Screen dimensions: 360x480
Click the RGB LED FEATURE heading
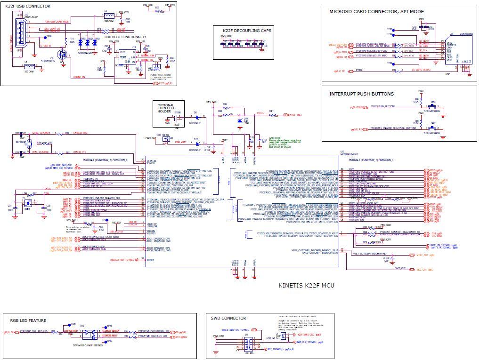(x=28, y=320)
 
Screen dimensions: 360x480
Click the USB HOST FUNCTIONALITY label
(x=125, y=37)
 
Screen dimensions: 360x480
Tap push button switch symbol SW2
(x=433, y=128)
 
